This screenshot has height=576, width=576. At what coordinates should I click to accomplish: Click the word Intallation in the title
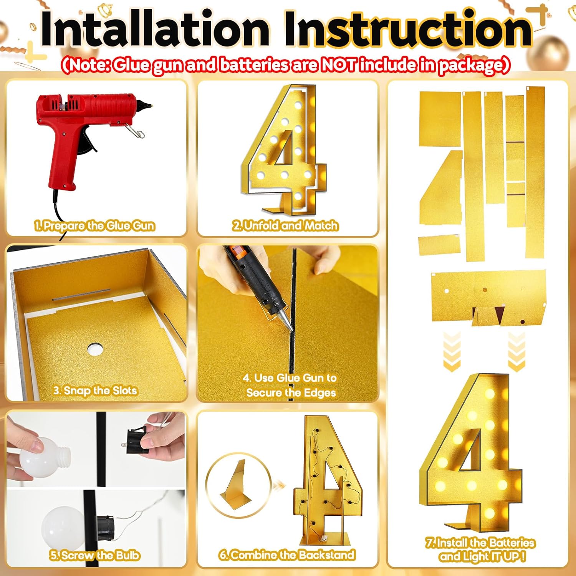pyautogui.click(x=155, y=29)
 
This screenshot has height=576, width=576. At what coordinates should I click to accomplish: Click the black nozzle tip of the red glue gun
pyautogui.click(x=146, y=104)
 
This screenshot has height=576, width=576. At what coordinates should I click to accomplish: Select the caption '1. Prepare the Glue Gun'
pyautogui.click(x=95, y=225)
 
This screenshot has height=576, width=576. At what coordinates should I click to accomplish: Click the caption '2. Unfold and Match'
pyautogui.click(x=285, y=225)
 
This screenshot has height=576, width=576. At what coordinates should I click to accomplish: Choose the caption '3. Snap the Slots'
pyautogui.click(x=95, y=391)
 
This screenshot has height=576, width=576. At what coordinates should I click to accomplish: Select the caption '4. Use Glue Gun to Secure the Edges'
pyautogui.click(x=290, y=385)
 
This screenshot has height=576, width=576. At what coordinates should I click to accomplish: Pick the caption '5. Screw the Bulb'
pyautogui.click(x=94, y=555)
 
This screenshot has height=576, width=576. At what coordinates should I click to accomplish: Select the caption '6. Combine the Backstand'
pyautogui.click(x=287, y=555)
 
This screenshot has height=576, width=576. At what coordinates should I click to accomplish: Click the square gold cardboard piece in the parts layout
pyautogui.click(x=440, y=119)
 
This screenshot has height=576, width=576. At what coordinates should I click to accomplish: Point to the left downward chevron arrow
pyautogui.click(x=452, y=351)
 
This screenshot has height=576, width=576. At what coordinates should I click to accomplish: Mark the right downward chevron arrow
pyautogui.click(x=516, y=351)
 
